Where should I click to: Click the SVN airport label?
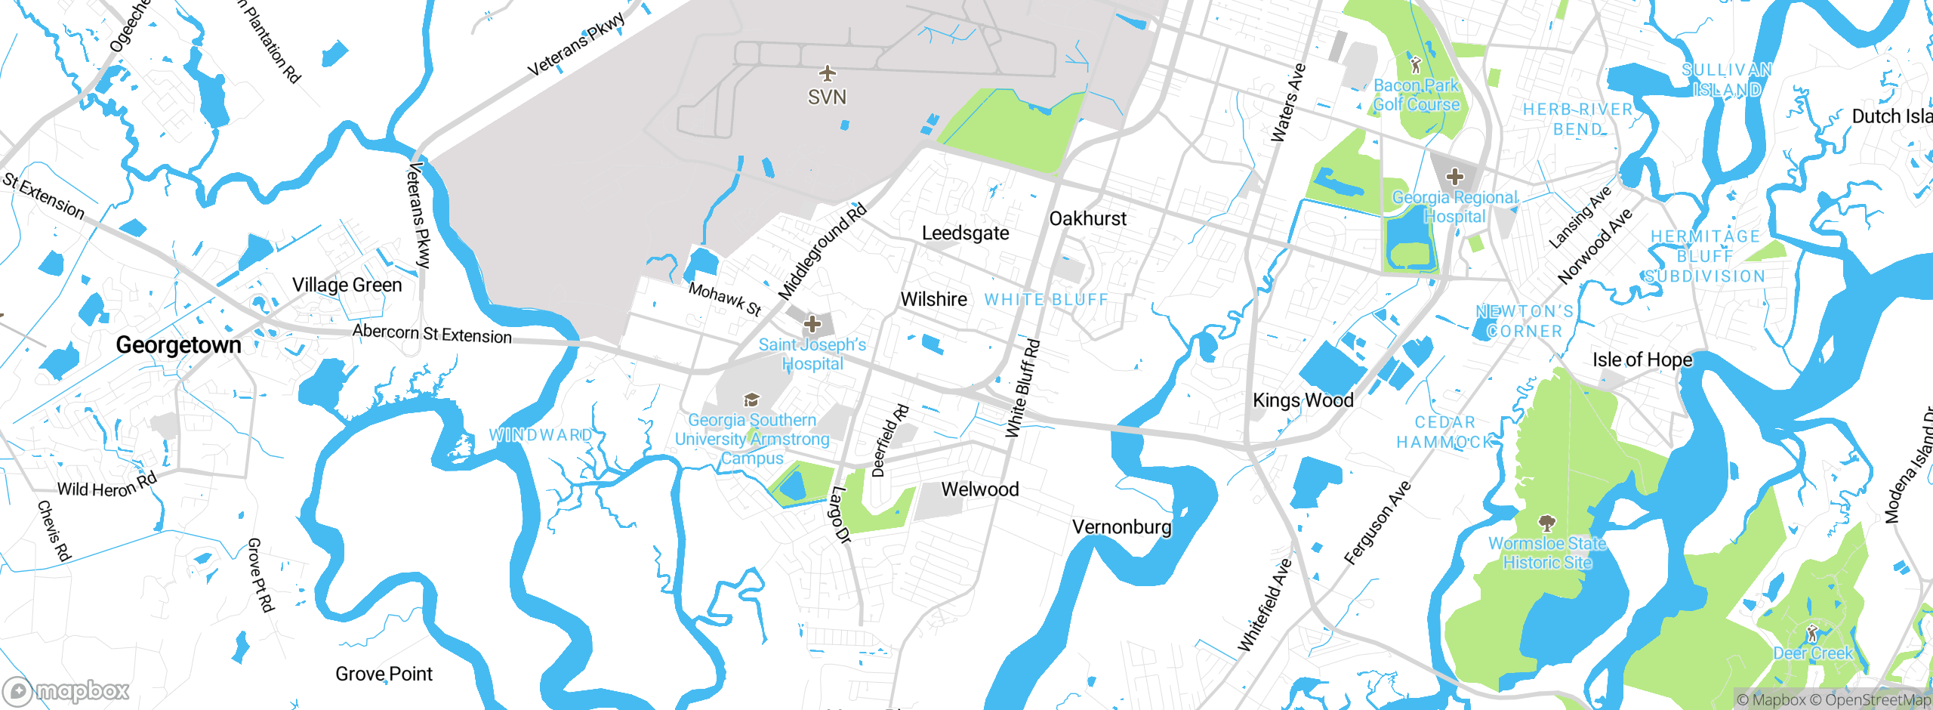(827, 97)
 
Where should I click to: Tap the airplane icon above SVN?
(828, 73)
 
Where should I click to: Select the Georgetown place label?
(178, 345)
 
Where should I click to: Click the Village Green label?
(347, 285)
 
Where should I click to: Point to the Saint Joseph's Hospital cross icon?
(812, 325)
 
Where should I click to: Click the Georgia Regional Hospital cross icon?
(1454, 177)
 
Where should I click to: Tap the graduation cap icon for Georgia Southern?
(751, 400)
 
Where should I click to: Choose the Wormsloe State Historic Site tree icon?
(1546, 523)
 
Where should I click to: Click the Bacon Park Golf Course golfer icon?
(1416, 65)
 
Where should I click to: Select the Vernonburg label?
(1122, 526)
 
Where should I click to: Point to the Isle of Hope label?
(1642, 360)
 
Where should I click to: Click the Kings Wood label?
(1303, 400)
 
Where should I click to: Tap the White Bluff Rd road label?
(1022, 389)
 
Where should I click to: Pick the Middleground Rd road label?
(822, 252)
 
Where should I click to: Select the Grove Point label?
(384, 674)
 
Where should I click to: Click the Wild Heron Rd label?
(107, 486)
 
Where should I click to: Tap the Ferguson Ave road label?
(1377, 523)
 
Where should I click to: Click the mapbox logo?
(66, 690)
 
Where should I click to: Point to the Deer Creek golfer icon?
(1811, 633)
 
